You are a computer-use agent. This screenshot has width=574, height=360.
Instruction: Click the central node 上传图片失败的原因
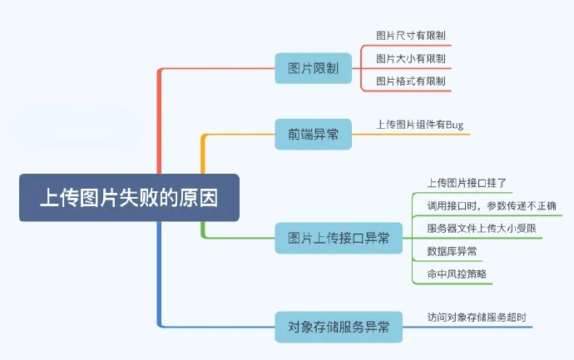[129, 198]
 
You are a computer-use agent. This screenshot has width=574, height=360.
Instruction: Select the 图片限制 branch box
[313, 68]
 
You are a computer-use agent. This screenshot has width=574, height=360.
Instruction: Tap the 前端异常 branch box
[313, 134]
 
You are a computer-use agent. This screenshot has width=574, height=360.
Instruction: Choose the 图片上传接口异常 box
[339, 238]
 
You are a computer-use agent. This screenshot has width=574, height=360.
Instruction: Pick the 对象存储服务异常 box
[339, 327]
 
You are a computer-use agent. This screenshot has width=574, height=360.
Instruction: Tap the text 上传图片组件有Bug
[420, 125]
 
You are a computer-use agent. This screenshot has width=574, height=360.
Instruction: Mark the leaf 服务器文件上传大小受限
[480, 229]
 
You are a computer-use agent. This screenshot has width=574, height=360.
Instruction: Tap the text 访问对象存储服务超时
[477, 317]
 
